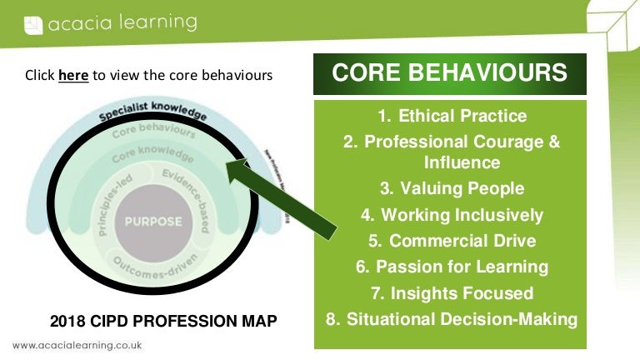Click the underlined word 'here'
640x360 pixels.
coord(72,75)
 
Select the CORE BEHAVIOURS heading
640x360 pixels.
coord(449,73)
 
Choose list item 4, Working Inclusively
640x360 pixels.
coord(452,215)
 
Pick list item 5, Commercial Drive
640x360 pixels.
coord(452,241)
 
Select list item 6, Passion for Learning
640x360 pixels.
coord(452,267)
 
